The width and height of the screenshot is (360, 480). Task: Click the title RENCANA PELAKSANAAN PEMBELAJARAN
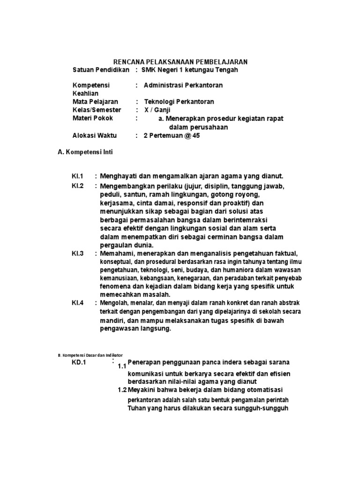181,62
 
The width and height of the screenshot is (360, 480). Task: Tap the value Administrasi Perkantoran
183,85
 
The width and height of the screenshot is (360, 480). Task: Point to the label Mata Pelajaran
95,102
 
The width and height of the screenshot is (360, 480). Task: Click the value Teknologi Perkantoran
179,102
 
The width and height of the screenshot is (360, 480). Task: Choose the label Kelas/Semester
97,110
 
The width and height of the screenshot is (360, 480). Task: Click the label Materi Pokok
92,118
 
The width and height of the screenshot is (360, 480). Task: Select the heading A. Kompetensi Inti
85,152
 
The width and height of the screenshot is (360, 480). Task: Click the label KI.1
77,176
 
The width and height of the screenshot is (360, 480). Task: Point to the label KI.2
77,186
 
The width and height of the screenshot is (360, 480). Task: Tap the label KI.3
77,254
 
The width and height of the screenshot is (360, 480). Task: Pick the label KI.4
77,303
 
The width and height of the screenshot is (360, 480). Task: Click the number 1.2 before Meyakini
122,390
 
